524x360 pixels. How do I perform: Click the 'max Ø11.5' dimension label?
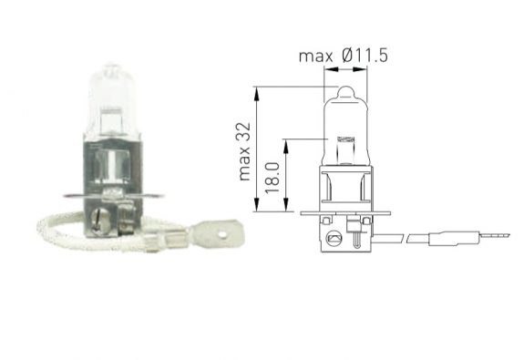point(343,57)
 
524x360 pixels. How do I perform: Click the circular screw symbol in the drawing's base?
point(334,239)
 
